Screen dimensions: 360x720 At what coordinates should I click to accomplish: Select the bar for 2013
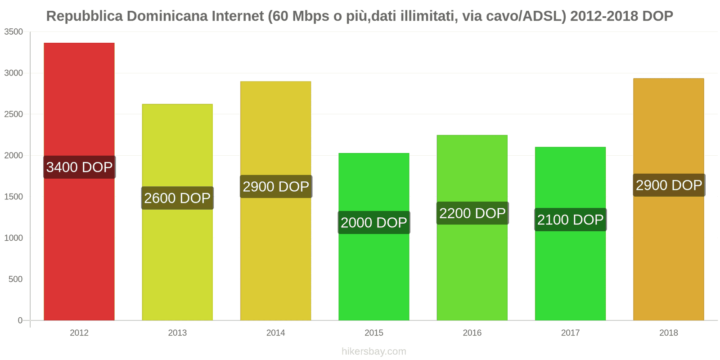coord(177,261)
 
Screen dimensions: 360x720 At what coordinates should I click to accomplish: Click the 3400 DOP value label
coord(79,167)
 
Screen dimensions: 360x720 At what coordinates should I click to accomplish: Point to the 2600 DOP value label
coord(177,198)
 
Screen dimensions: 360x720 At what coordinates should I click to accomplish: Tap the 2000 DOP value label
coord(374,222)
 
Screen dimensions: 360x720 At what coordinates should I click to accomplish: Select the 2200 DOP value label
coord(472,213)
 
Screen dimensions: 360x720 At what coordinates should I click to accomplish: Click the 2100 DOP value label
coord(570,220)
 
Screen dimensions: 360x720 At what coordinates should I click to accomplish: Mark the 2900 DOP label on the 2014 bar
coord(276,186)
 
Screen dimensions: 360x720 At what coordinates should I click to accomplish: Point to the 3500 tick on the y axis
coord(13,32)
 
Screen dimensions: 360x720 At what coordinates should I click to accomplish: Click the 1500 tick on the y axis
coord(13,197)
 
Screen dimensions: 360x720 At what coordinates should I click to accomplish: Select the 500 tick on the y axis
coord(15,279)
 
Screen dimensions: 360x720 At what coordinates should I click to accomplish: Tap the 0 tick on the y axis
coord(20,320)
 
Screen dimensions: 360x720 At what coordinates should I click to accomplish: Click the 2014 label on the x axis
coord(276,333)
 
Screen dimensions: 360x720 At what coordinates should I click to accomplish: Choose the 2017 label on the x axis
coord(570,333)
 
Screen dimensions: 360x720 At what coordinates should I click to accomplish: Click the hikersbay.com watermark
coord(374,351)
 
